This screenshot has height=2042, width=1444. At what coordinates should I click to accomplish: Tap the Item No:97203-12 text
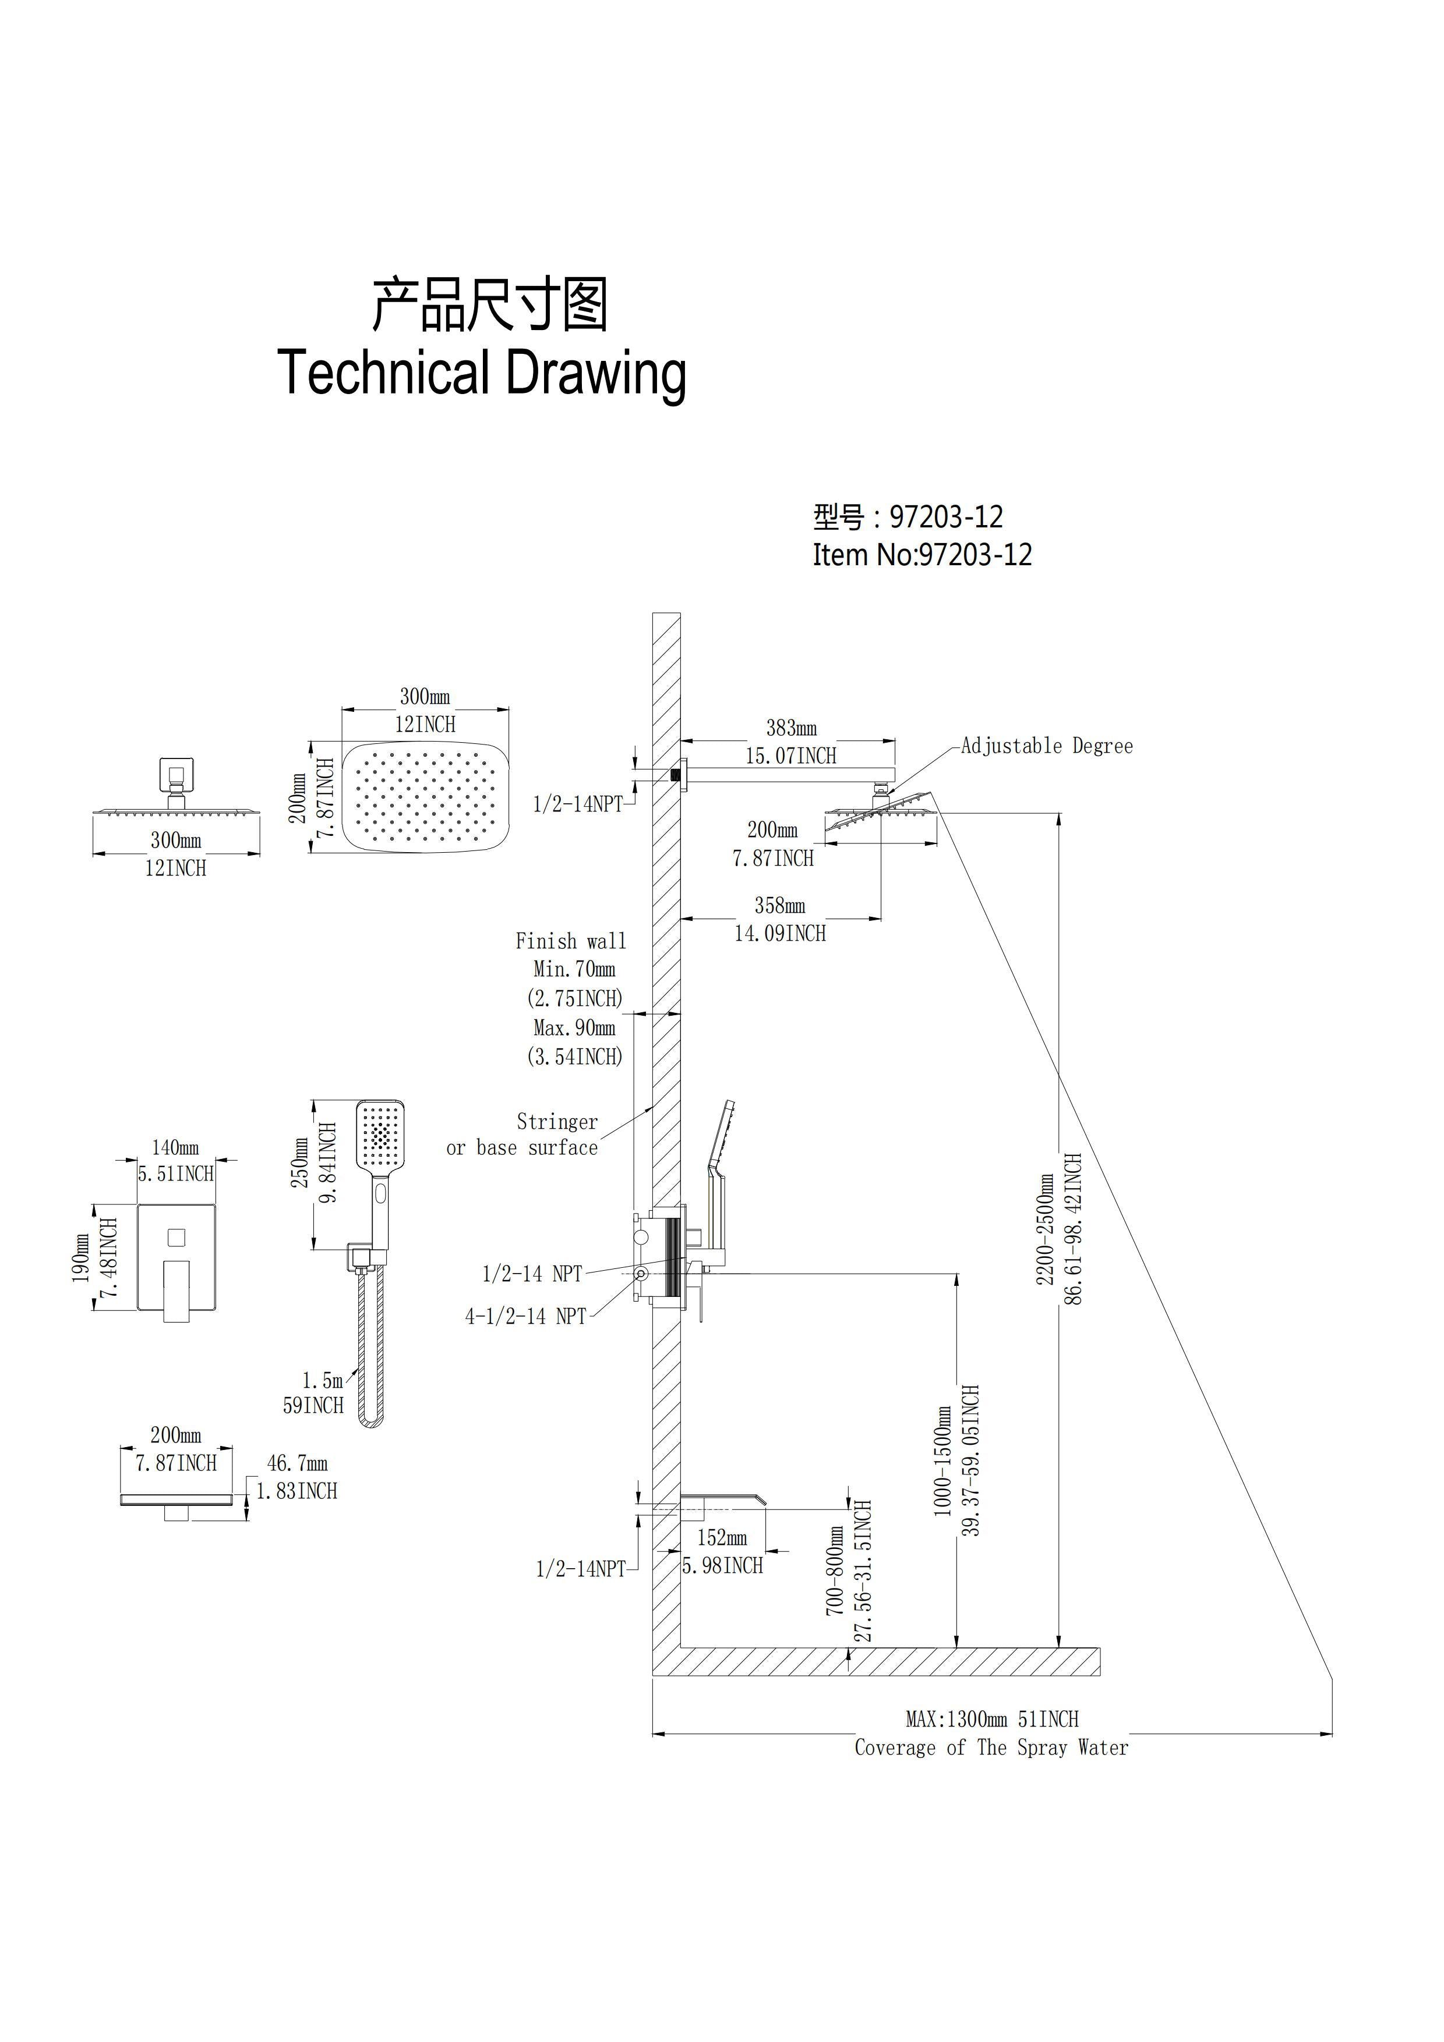(x=923, y=555)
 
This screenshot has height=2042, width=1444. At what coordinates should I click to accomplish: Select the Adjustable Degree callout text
(x=1047, y=746)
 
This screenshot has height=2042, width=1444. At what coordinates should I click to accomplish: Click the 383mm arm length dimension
(x=792, y=728)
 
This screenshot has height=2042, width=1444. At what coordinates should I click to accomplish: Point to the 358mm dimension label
(x=781, y=906)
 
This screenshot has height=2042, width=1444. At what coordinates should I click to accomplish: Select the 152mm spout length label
(x=722, y=1538)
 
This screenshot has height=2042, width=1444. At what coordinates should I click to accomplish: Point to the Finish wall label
(x=571, y=941)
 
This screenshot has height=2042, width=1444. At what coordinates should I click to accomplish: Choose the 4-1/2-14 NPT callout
(x=526, y=1316)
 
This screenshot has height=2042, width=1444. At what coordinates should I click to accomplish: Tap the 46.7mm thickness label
(x=297, y=1463)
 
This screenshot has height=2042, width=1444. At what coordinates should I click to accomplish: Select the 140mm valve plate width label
(x=175, y=1148)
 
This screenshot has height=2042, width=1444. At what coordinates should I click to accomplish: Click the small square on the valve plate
(x=176, y=1236)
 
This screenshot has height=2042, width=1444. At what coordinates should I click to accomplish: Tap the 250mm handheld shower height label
(x=302, y=1163)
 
